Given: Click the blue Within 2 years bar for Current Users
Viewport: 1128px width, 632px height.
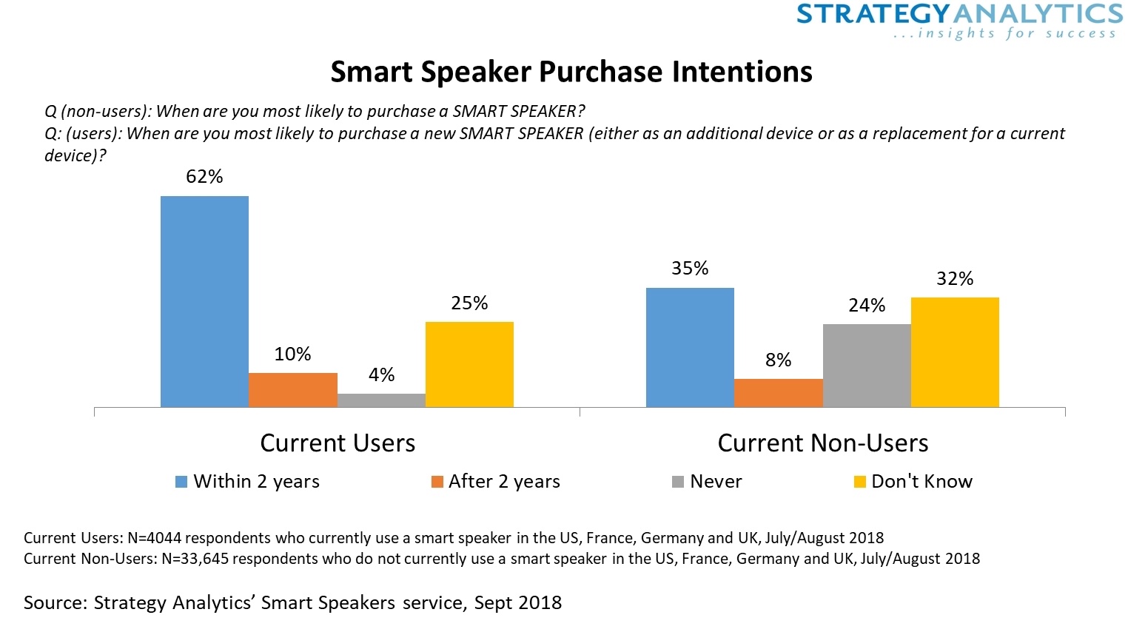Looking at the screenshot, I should [x=204, y=301].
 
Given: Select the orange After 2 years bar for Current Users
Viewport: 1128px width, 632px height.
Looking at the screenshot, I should [x=293, y=390].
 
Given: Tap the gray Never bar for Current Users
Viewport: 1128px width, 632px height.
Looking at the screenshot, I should [x=381, y=400].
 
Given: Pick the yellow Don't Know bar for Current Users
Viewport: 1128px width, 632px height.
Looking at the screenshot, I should [x=469, y=364].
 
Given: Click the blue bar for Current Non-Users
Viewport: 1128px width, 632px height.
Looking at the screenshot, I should [x=690, y=347].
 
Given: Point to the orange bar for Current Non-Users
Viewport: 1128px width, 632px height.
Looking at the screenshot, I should [x=778, y=393].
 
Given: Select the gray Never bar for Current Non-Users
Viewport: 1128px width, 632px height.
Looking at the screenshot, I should [x=867, y=366].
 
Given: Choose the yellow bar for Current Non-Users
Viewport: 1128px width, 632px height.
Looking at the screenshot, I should [x=955, y=352].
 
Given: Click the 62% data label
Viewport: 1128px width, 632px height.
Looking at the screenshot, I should [x=204, y=177].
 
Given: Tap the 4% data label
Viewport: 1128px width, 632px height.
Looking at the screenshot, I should [x=381, y=375].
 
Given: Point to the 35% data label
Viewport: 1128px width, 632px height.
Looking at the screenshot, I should [x=690, y=269].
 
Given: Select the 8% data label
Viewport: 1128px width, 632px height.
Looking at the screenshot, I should [x=778, y=360].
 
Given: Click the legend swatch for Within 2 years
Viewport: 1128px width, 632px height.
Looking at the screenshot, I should [x=181, y=482].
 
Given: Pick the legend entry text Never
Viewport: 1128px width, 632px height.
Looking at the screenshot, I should [x=716, y=482].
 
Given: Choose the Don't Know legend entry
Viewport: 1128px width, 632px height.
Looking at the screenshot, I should [x=921, y=482].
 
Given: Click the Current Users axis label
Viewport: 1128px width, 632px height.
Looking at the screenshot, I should [x=338, y=443].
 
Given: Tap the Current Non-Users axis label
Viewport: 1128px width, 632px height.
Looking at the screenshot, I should [x=822, y=443].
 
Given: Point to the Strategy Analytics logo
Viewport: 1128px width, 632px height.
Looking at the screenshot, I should [x=959, y=21].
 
